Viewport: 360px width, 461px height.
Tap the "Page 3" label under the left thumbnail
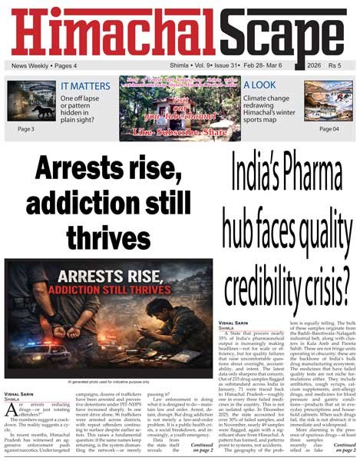click(25, 129)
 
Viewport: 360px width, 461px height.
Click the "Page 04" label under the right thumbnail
click(329, 129)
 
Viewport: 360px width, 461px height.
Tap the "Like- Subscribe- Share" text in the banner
click(179, 133)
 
